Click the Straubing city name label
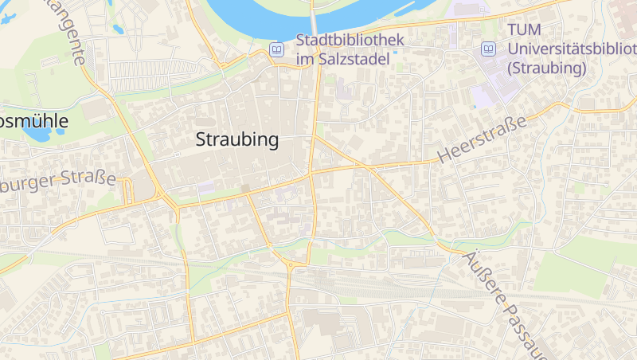pos(237,140)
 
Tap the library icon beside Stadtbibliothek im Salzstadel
pos(276,49)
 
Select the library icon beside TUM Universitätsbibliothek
pos(487,49)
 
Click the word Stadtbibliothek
pos(350,40)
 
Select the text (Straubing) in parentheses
pos(546,68)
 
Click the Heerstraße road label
pos(483,140)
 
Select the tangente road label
pos(67,32)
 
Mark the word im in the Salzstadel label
pos(306,59)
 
